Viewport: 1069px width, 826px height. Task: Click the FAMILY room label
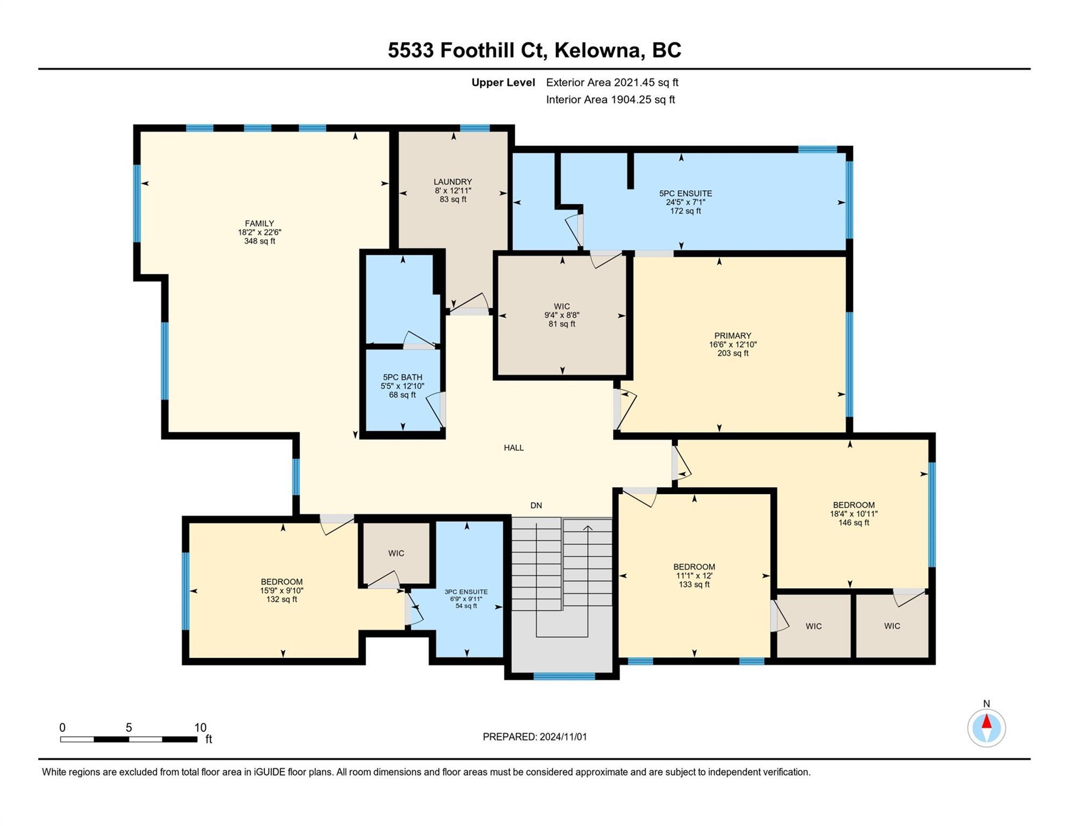[259, 223]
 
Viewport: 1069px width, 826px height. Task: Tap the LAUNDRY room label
[453, 182]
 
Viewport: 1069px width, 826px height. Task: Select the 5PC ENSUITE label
[686, 193]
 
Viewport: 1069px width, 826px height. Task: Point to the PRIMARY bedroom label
[732, 336]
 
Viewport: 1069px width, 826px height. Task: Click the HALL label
[514, 447]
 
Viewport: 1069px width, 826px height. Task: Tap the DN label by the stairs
[536, 505]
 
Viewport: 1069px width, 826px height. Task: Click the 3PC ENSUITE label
[466, 592]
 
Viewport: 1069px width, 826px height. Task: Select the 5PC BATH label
[402, 377]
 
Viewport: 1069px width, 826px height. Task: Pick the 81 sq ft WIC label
[562, 307]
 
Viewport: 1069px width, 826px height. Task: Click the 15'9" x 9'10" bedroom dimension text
[282, 590]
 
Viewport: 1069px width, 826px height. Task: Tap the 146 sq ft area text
[853, 523]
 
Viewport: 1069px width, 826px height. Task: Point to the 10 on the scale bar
[200, 728]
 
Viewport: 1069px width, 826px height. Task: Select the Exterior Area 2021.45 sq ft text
[612, 82]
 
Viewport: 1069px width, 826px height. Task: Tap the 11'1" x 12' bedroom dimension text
[694, 575]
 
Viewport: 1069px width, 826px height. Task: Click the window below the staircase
[564, 676]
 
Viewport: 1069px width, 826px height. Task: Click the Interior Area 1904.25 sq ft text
[610, 99]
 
